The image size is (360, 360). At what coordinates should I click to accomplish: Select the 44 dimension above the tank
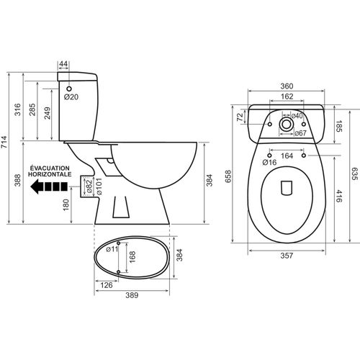63,65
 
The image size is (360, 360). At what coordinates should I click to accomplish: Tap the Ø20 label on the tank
71,96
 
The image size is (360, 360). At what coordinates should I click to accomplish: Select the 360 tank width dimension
287,85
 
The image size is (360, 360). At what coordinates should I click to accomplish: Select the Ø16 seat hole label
270,163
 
